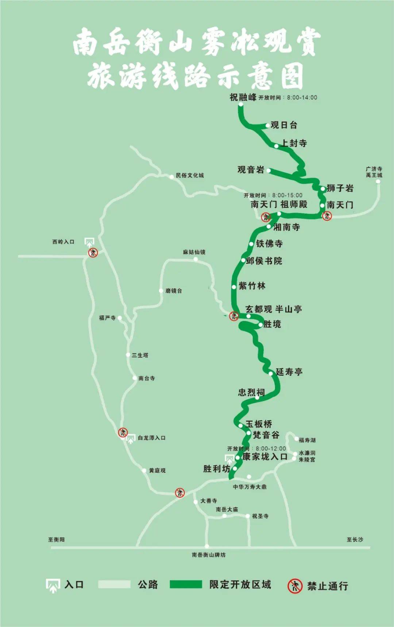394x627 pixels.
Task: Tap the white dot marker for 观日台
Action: [x=268, y=125]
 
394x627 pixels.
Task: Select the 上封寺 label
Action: [x=294, y=143]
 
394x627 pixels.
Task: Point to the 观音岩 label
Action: [x=251, y=170]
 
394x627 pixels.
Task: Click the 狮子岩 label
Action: [x=340, y=188]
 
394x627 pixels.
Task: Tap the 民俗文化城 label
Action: [x=190, y=175]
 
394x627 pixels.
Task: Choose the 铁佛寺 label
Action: [x=269, y=244]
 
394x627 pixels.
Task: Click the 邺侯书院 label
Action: [x=264, y=261]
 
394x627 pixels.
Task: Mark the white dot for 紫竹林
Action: [x=234, y=287]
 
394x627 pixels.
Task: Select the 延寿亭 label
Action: [x=289, y=372]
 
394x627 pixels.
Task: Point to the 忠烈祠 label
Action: [x=251, y=392]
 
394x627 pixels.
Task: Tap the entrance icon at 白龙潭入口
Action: [x=130, y=439]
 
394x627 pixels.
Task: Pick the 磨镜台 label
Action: [x=174, y=291]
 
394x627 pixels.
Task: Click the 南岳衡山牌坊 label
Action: [x=209, y=555]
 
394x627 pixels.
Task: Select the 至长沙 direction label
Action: [x=355, y=540]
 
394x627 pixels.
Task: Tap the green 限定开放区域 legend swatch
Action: [x=186, y=584]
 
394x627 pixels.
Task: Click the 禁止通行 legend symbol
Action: [x=295, y=586]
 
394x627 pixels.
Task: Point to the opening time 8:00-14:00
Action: [x=302, y=97]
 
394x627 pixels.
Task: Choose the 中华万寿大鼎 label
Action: [x=250, y=487]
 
